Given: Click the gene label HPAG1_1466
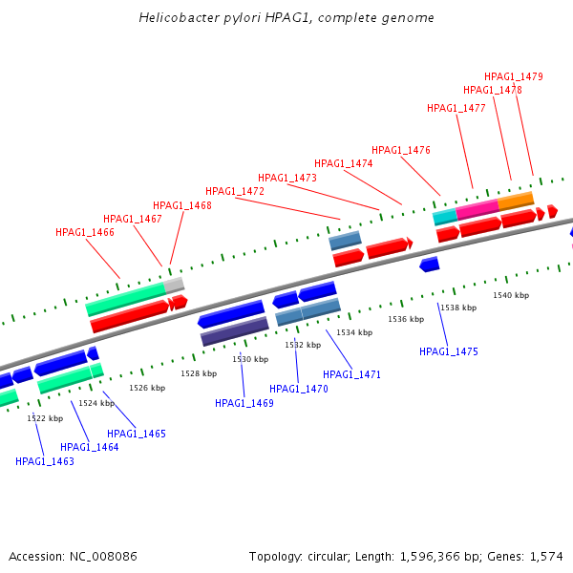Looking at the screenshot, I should [85, 232].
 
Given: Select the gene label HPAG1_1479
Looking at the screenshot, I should [514, 76].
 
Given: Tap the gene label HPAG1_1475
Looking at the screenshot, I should [449, 352].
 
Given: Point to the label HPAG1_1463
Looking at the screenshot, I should [45, 461].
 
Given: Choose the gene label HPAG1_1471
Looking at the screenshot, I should [351, 374].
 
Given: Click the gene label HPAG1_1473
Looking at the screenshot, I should [287, 178].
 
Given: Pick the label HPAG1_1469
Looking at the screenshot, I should [244, 403].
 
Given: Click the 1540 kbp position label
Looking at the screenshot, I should [511, 295].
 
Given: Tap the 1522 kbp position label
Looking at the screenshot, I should [45, 418].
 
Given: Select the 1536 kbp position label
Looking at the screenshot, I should [405, 319].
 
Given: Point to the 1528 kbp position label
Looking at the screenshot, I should [199, 373].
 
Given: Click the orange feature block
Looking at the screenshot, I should [516, 201].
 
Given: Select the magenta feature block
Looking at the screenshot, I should [477, 208].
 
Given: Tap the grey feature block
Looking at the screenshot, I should [175, 284].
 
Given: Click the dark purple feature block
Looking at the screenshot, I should [234, 331].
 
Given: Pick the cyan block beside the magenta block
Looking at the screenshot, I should [445, 217].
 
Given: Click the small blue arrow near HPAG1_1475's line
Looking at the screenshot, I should [429, 264].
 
